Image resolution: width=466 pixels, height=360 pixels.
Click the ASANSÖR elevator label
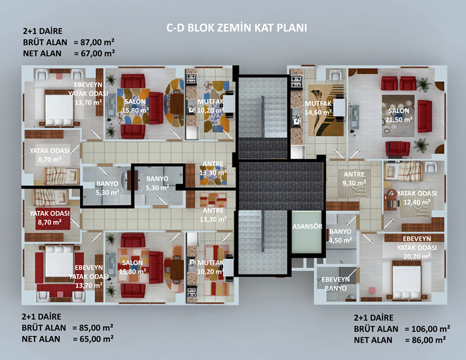pos(308,226)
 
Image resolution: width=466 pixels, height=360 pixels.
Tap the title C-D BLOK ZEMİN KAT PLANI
pos(236,28)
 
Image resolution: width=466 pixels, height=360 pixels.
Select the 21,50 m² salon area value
pos(399,119)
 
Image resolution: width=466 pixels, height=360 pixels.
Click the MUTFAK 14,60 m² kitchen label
pos(318,108)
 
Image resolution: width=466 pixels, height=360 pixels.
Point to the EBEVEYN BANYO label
pos(336,283)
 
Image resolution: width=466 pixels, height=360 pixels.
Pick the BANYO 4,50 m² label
pos(340,236)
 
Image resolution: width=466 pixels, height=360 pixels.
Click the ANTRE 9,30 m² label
pos(354,178)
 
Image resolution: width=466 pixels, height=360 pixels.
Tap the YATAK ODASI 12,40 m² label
pos(417,198)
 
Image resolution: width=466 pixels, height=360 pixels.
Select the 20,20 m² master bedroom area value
pos(417,256)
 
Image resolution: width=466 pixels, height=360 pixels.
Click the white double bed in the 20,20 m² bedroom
pos(407,280)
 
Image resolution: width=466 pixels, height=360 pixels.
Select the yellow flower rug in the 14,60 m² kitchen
pos(326,110)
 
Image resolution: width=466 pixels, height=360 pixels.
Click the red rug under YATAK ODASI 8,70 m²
pos(53,220)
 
